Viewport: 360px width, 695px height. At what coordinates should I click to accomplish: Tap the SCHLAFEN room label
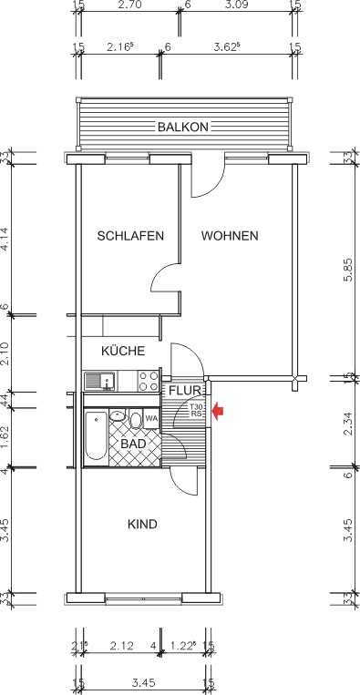[x=130, y=236]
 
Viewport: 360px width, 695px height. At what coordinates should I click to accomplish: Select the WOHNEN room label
[x=230, y=236]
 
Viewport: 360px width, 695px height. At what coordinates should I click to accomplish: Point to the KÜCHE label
[x=123, y=351]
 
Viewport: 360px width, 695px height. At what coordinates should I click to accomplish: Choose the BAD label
[x=133, y=444]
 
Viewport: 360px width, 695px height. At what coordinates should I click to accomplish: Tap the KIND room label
[x=143, y=525]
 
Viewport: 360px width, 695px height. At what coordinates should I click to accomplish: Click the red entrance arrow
[x=217, y=412]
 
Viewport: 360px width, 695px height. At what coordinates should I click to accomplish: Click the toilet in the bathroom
[x=136, y=419]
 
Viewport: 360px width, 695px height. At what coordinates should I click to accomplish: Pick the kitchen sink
[x=97, y=380]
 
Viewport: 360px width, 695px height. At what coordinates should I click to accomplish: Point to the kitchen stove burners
[x=148, y=379]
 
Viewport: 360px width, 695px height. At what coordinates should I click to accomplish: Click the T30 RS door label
[x=197, y=410]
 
